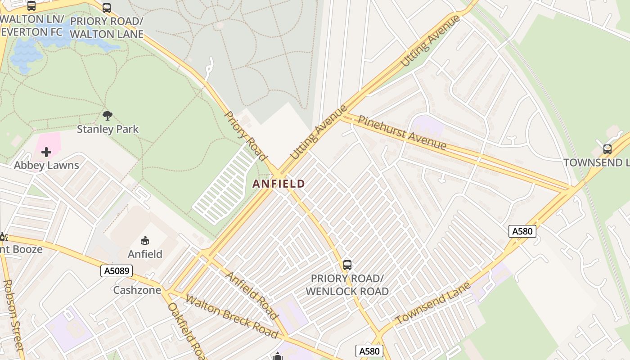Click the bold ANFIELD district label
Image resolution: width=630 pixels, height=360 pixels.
pyautogui.click(x=279, y=184)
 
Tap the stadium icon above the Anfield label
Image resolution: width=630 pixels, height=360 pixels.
pyautogui.click(x=145, y=241)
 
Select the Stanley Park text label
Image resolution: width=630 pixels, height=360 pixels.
pyautogui.click(x=108, y=129)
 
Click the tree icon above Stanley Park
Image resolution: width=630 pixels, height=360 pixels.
pyautogui.click(x=108, y=116)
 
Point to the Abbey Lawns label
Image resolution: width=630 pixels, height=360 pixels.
pyautogui.click(x=46, y=165)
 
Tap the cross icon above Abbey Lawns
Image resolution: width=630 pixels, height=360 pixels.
pyautogui.click(x=46, y=152)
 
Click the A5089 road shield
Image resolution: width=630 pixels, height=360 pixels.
pyautogui.click(x=117, y=270)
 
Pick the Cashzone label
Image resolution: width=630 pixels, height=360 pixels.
pyautogui.click(x=137, y=290)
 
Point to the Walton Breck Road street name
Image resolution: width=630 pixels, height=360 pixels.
pyautogui.click(x=232, y=316)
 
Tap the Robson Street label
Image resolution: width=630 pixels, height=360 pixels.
pyautogui.click(x=13, y=315)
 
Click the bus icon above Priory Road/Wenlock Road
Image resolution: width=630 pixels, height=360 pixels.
pyautogui.click(x=347, y=265)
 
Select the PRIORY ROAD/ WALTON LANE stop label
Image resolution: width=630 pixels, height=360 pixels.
pyautogui.click(x=107, y=27)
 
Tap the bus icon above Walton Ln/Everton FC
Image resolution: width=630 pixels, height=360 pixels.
pyautogui.click(x=31, y=6)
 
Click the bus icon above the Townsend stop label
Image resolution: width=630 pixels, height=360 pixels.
pyautogui.click(x=607, y=149)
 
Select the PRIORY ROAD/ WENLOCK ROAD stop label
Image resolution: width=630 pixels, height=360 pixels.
pyautogui.click(x=347, y=285)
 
